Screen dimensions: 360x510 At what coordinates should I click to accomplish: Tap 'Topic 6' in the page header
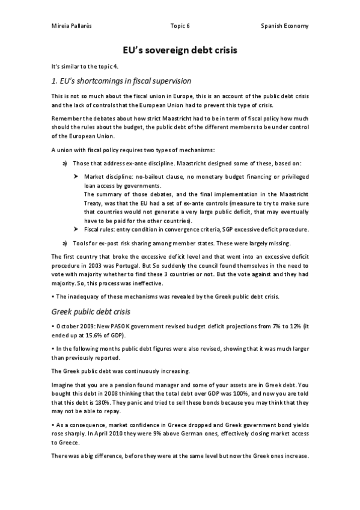(x=180, y=26)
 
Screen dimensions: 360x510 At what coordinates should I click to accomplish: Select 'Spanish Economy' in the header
(x=285, y=26)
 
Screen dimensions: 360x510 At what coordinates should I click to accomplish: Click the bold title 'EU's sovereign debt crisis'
(x=180, y=51)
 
